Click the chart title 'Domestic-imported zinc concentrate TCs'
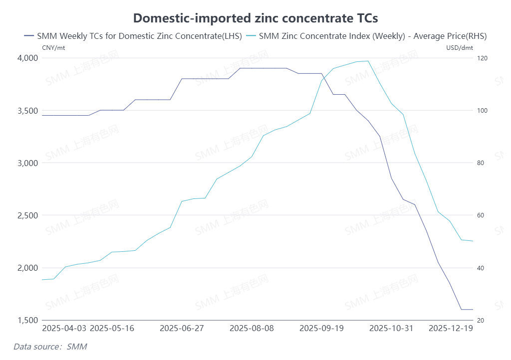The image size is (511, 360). coord(255,18)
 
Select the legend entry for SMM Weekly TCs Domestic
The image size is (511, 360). coord(133,36)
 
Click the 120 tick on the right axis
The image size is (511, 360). coord(482,58)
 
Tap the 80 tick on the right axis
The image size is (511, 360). coord(481,163)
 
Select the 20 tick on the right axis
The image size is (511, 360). coord(481,320)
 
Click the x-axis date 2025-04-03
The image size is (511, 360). coord(64,329)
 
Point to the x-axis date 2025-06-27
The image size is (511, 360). coord(182,329)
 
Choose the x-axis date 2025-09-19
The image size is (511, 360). coord(322,329)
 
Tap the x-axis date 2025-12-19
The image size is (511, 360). coord(451,329)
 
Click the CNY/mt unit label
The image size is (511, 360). coord(53,48)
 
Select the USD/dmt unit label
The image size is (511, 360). coord(459,48)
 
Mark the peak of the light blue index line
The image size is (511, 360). coord(368,61)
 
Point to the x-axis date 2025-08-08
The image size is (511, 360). coord(252,329)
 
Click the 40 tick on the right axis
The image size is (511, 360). coord(481,268)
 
